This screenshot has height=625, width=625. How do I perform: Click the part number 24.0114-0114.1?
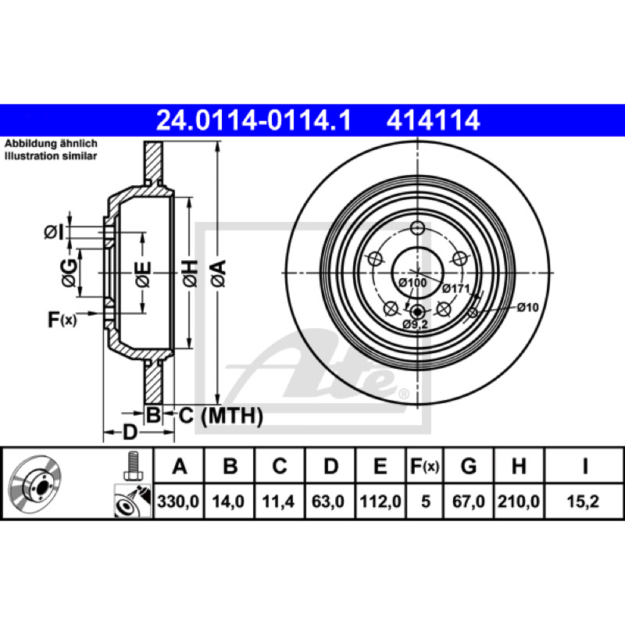[253, 120]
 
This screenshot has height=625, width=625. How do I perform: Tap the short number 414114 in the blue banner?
[433, 120]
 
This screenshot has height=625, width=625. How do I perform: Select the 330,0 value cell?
[178, 502]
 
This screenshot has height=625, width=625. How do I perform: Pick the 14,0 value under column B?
[228, 502]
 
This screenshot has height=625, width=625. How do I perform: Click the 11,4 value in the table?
[278, 502]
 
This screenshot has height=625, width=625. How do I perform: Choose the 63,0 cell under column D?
[328, 502]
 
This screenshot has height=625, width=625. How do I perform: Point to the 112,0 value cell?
[380, 502]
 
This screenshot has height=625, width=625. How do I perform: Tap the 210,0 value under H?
[519, 502]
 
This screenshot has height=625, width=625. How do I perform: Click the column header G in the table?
[469, 466]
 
